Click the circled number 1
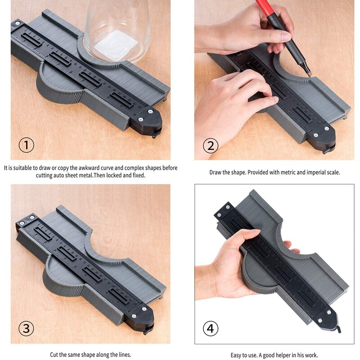26,145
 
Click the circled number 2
211,145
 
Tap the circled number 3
26,328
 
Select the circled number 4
211,328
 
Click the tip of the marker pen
310,75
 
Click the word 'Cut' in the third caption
54,355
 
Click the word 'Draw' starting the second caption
215,172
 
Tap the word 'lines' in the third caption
125,355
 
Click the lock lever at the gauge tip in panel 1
155,134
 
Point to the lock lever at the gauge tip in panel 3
147,331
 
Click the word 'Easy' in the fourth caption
235,355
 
